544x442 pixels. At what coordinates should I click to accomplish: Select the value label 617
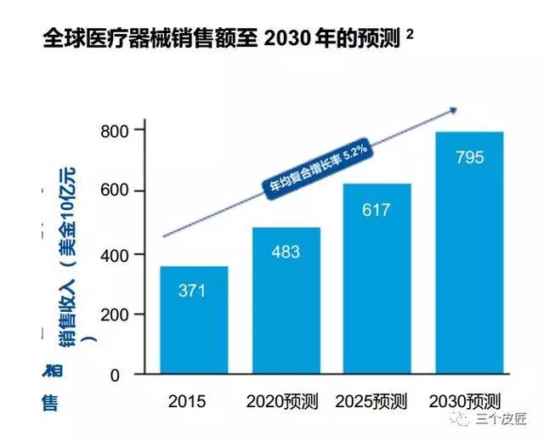point(376,209)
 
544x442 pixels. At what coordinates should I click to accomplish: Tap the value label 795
point(469,158)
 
